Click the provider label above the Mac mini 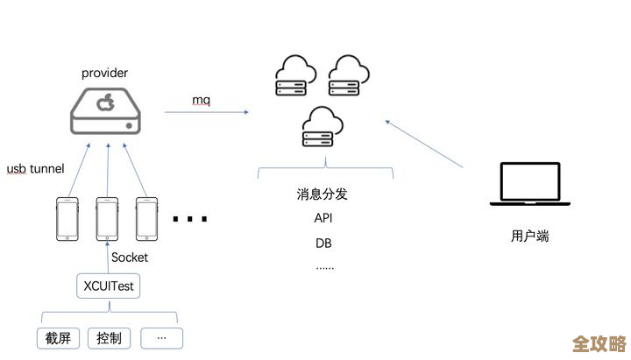coord(104,74)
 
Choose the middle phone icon coord(107,219)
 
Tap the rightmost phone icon coord(146,219)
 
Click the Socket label coord(130,258)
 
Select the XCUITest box coord(108,285)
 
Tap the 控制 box coord(109,337)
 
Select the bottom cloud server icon coord(321,128)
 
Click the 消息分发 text coord(323,194)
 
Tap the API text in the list coord(323,218)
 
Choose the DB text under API coord(323,243)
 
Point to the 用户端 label coord(529,236)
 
